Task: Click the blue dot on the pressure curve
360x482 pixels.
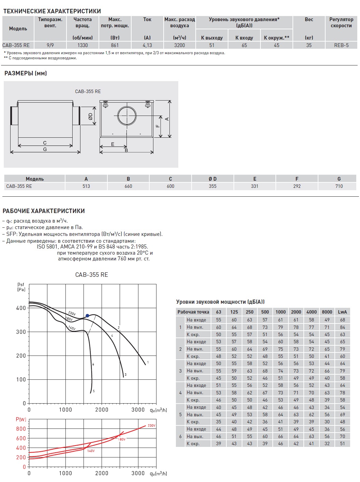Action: (87, 316)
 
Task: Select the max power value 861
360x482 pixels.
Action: (115, 45)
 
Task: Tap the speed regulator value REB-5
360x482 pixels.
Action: (341, 45)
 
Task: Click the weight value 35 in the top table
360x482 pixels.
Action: (309, 45)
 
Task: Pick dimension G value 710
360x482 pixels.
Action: (339, 186)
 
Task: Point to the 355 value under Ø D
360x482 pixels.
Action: (212, 186)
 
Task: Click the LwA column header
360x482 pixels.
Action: (342, 312)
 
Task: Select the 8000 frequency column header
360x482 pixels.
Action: (327, 312)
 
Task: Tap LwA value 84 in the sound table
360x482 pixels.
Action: (342, 327)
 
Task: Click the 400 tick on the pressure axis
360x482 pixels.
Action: (21, 308)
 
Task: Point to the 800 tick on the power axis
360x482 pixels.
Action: (21, 429)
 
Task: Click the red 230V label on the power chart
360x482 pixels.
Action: (151, 426)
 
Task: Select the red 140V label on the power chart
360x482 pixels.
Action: (91, 451)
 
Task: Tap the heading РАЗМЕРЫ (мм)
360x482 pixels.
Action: (26, 73)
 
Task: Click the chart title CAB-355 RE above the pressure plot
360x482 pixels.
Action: (91, 275)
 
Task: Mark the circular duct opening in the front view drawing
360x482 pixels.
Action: (127, 116)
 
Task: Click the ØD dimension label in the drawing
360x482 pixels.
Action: (90, 116)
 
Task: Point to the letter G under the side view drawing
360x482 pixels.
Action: (45, 149)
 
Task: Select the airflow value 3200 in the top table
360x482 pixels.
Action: (179, 45)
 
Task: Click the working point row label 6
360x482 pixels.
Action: (180, 436)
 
